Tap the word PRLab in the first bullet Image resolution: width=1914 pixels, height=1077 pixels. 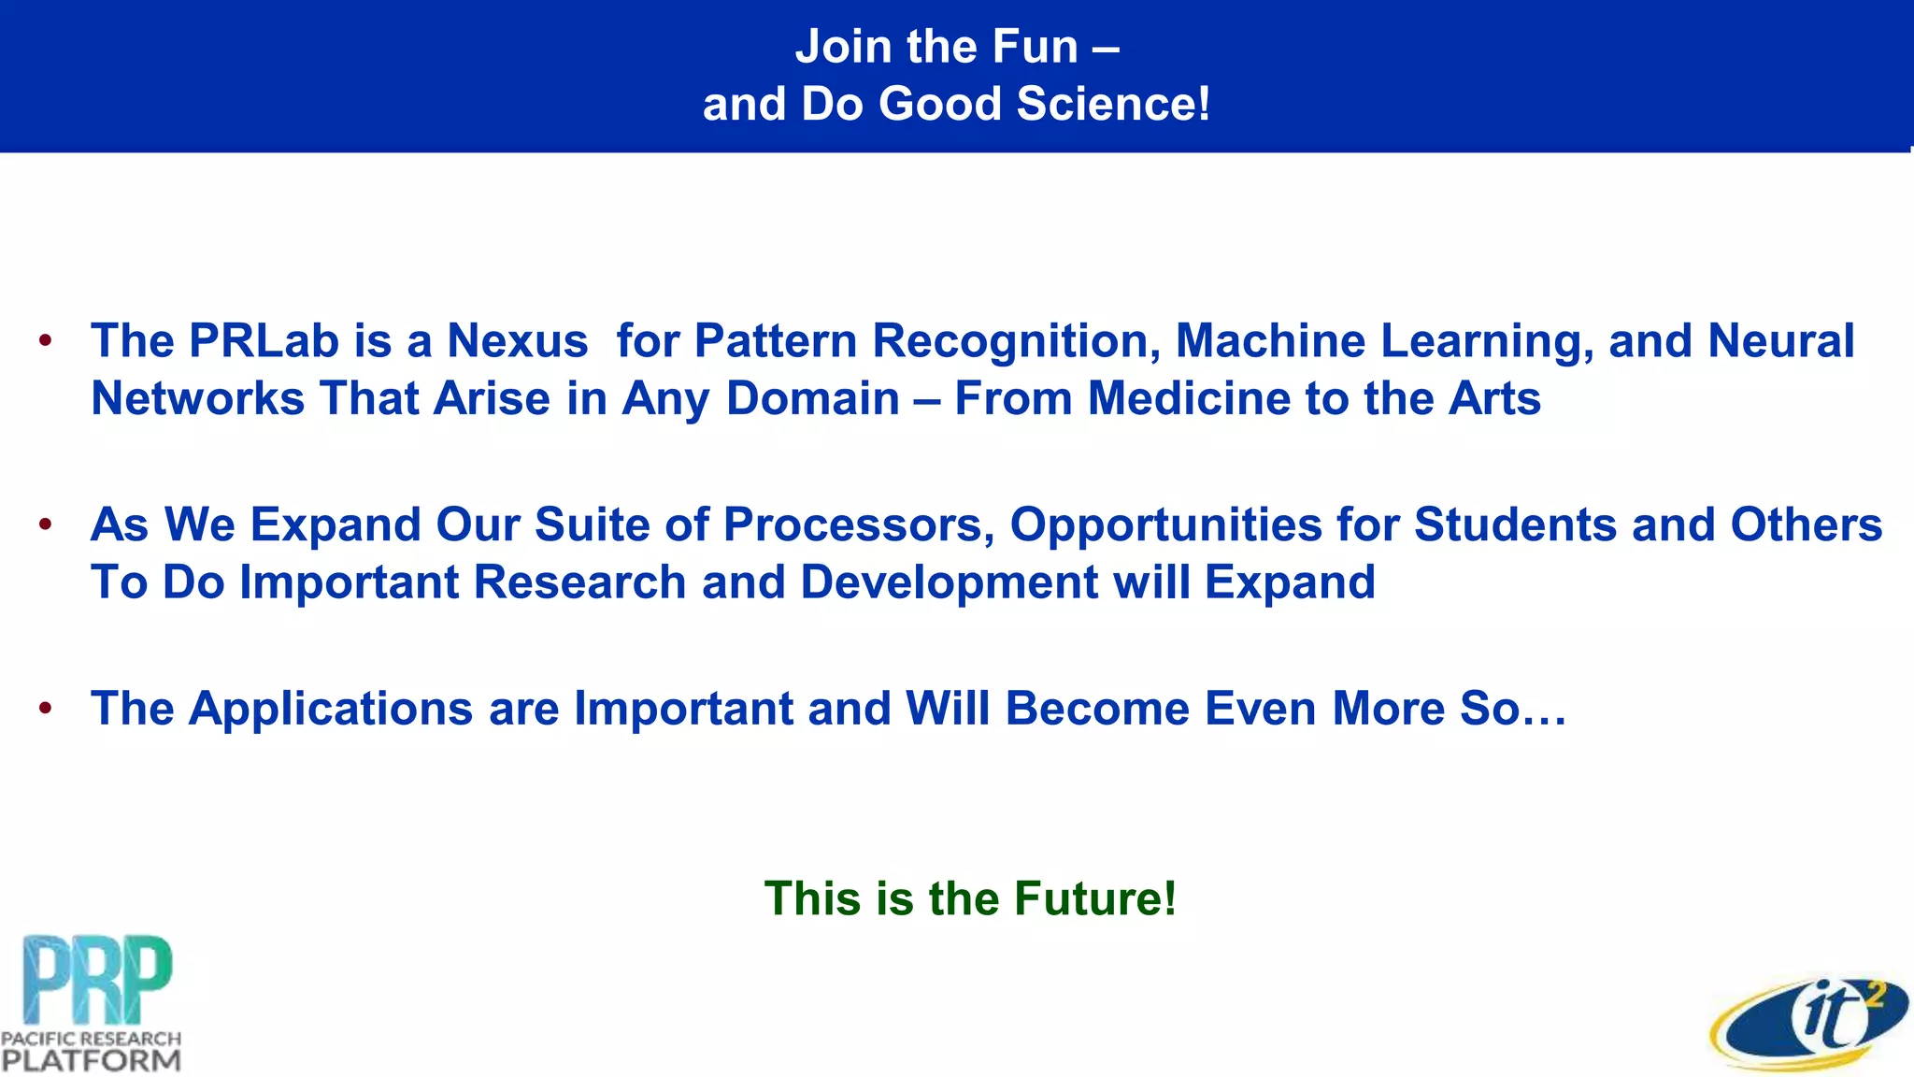pyautogui.click(x=264, y=340)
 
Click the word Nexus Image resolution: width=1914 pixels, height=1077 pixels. pyautogui.click(x=518, y=340)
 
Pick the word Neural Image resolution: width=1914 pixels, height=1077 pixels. pyautogui.click(x=1780, y=340)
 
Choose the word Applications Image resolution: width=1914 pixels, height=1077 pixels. pyautogui.click(x=331, y=708)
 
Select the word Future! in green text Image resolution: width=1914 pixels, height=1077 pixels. pyautogui.click(x=1095, y=898)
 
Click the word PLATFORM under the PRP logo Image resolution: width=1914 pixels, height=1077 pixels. pyautogui.click(x=91, y=1060)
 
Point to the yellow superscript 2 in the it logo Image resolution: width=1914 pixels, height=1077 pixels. pyautogui.click(x=1874, y=998)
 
